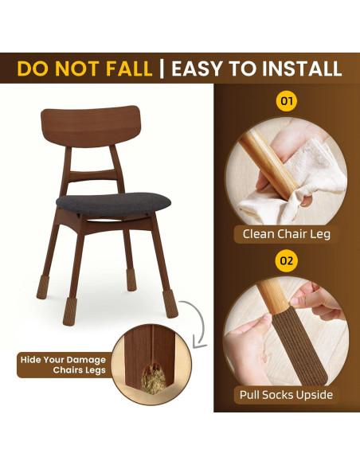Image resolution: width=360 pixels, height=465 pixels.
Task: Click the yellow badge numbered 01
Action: pyautogui.click(x=286, y=101)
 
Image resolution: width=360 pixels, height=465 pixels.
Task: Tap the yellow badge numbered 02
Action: pyautogui.click(x=286, y=261)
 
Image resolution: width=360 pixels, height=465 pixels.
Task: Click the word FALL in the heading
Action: pyautogui.click(x=129, y=68)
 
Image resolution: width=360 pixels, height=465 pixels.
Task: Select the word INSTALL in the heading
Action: pyautogui.click(x=302, y=68)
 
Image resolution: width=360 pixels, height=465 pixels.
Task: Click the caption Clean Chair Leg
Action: pyautogui.click(x=287, y=234)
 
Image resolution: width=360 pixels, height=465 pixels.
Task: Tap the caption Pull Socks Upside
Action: pyautogui.click(x=286, y=395)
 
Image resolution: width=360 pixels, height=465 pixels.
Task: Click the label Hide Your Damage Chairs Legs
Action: pyautogui.click(x=63, y=365)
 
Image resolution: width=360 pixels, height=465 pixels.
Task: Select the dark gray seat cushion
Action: pyautogui.click(x=113, y=204)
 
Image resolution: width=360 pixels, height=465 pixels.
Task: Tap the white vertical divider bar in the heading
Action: pyautogui.click(x=162, y=68)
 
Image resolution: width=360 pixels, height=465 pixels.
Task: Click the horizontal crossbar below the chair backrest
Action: pyautogui.click(x=92, y=174)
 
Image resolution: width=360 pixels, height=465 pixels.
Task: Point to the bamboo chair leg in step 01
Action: pyautogui.click(x=268, y=164)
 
